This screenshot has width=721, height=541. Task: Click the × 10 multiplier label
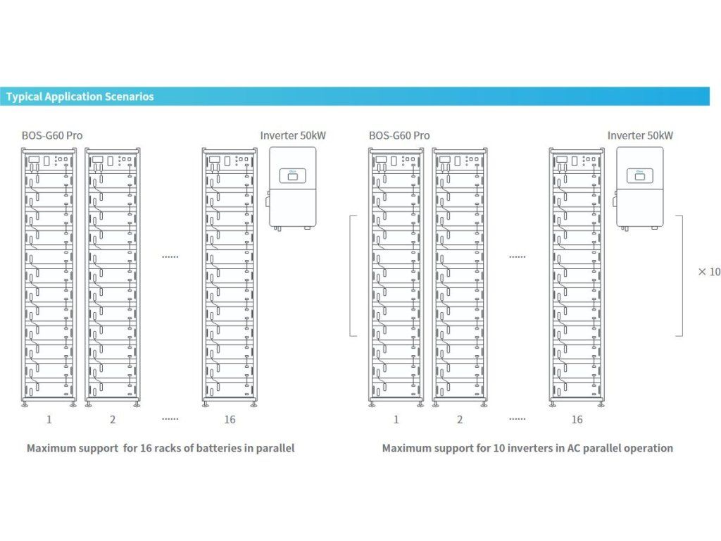click(x=709, y=272)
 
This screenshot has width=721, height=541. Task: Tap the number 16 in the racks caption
click(x=146, y=448)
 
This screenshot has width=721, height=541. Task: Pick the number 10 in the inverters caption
click(x=499, y=448)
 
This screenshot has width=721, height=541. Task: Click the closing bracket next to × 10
click(x=682, y=275)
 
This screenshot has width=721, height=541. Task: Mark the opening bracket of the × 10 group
click(x=351, y=275)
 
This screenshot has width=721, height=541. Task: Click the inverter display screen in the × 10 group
click(x=639, y=175)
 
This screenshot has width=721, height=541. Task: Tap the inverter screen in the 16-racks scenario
click(x=292, y=175)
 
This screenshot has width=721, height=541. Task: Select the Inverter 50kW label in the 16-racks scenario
click(x=293, y=136)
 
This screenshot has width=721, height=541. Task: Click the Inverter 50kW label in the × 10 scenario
click(x=640, y=136)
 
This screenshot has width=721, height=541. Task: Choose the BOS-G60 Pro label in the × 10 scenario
click(x=399, y=136)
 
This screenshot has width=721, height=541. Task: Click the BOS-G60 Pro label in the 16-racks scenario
click(x=52, y=136)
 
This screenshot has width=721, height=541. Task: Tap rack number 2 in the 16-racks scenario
click(x=113, y=420)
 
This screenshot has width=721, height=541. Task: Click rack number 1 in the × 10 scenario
click(x=396, y=420)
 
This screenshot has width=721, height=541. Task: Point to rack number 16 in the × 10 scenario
click(x=577, y=420)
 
